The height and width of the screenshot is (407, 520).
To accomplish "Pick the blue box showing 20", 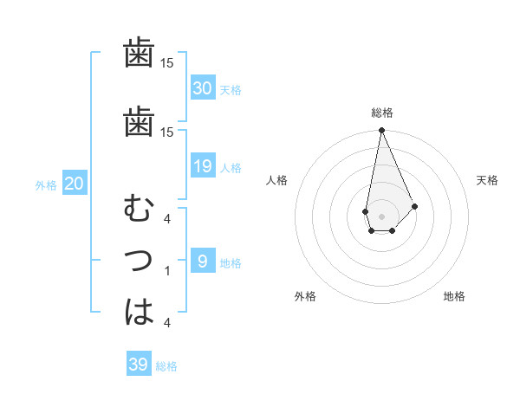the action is pyautogui.click(x=75, y=184).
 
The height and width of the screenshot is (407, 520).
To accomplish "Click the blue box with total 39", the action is pyautogui.click(x=139, y=365).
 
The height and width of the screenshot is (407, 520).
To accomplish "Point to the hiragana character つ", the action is pyautogui.click(x=140, y=261).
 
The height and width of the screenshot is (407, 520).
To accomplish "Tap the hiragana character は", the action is pyautogui.click(x=140, y=311).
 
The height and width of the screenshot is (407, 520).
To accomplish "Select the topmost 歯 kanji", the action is pyautogui.click(x=139, y=54).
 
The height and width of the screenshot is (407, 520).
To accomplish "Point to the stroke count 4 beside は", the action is pyautogui.click(x=167, y=322).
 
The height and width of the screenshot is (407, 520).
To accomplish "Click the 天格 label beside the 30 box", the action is pyautogui.click(x=231, y=89).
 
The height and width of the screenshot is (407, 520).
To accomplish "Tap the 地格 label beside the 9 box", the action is pyautogui.click(x=231, y=263).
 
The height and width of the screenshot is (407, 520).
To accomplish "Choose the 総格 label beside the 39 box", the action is pyautogui.click(x=166, y=366).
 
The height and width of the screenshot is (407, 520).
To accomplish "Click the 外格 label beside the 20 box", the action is pyautogui.click(x=46, y=184).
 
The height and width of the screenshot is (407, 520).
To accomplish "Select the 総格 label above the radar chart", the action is pyautogui.click(x=381, y=113).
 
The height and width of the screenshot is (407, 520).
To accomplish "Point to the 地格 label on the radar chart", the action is pyautogui.click(x=454, y=296).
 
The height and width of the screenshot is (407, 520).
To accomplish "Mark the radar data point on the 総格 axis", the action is pyautogui.click(x=381, y=131).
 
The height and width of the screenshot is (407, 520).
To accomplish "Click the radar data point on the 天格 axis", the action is pyautogui.click(x=415, y=206).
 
